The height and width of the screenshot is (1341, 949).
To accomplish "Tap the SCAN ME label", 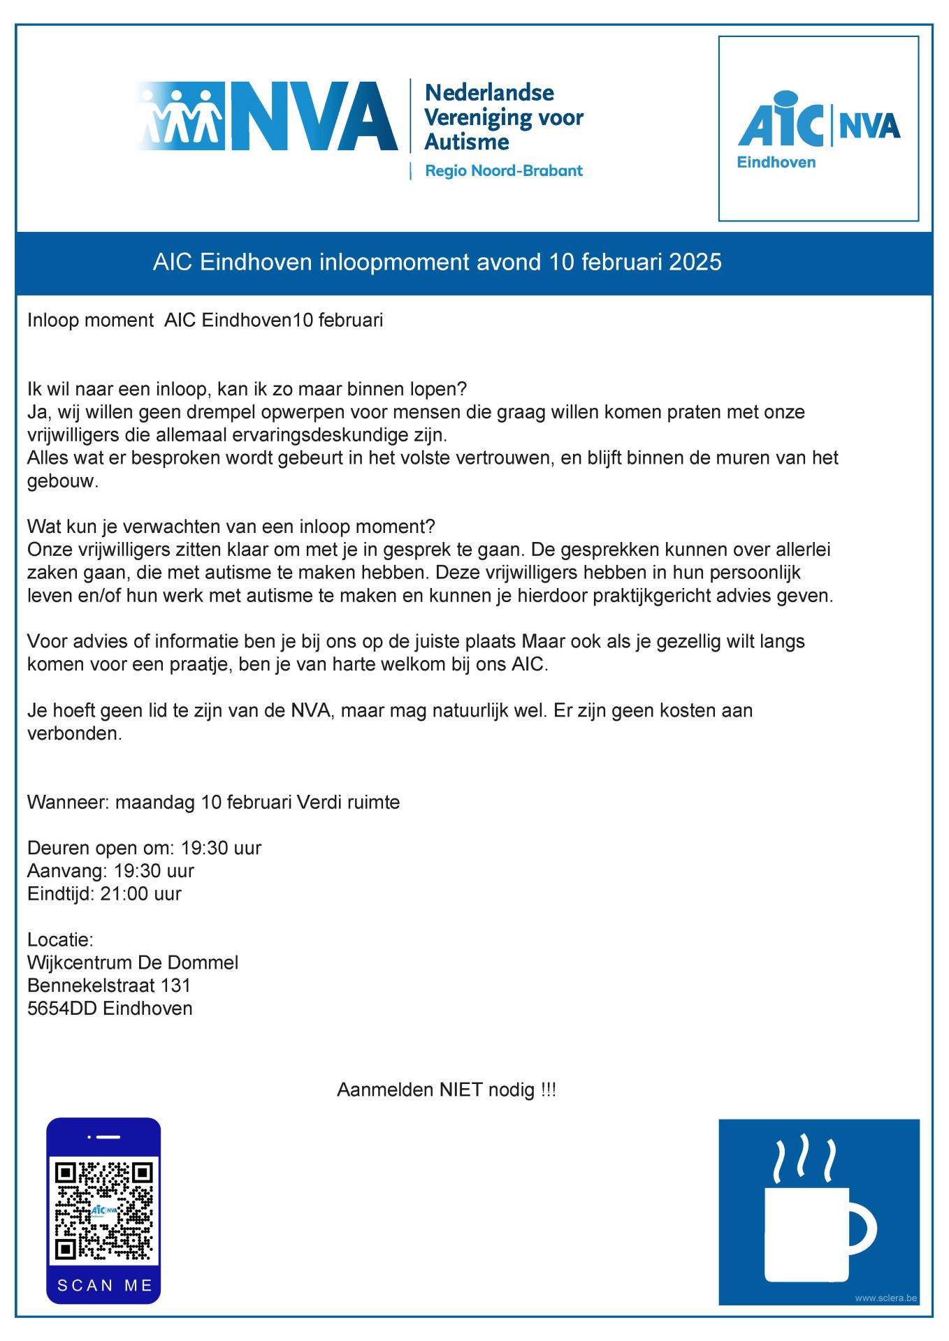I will coord(104,1286).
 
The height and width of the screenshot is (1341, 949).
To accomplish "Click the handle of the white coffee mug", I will coord(865,1230).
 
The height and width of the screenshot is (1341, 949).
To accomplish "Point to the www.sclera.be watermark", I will coord(885,1298).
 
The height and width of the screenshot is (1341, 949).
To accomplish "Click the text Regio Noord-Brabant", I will coord(503,170).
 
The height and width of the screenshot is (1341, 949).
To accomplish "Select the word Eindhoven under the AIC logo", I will coord(776,162).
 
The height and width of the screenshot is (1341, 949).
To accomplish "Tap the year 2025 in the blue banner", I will coord(695,262).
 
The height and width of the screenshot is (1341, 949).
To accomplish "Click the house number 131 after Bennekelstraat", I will coord(175,985).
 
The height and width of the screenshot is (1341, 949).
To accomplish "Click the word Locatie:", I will coord(60,939).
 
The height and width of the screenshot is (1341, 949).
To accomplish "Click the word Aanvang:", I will coord(67,870).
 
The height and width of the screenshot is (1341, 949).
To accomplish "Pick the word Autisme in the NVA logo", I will coord(467,142).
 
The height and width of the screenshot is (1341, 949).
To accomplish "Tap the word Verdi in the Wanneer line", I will coord(319,802).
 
